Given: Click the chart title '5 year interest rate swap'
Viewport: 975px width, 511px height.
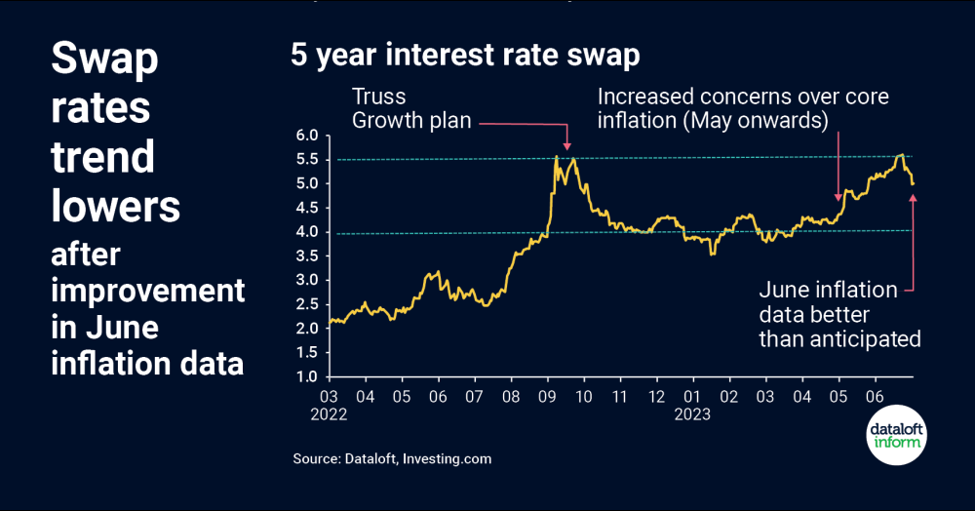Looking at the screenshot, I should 465,56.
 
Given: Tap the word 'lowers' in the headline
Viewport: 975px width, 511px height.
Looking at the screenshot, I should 115,207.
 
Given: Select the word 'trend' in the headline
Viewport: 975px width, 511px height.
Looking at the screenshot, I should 102,156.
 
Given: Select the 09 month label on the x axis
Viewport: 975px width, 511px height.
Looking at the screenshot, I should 547,397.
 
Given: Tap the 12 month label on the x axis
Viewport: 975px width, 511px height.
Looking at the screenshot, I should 656,397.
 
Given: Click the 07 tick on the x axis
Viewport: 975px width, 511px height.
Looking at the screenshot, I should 474,397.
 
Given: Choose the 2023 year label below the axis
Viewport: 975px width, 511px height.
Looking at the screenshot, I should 693,413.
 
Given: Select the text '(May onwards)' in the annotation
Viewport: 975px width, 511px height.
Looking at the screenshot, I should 765,122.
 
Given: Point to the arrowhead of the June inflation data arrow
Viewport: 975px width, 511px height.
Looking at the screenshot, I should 914,198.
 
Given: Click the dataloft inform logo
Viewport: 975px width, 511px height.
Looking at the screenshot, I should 896,436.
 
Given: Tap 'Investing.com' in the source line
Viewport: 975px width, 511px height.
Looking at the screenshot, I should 447,458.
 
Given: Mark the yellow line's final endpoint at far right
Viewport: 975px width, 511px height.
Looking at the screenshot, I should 914,183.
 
